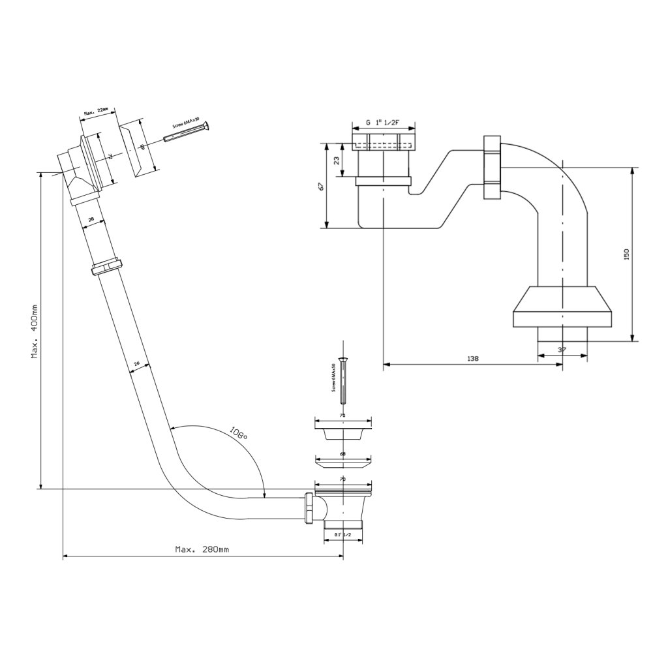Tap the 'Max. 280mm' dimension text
point(202,549)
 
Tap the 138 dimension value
point(473,358)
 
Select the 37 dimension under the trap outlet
point(562,350)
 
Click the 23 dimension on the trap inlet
point(336,160)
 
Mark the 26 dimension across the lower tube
point(137,364)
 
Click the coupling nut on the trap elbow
point(492,168)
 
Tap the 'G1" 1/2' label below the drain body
point(342,535)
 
